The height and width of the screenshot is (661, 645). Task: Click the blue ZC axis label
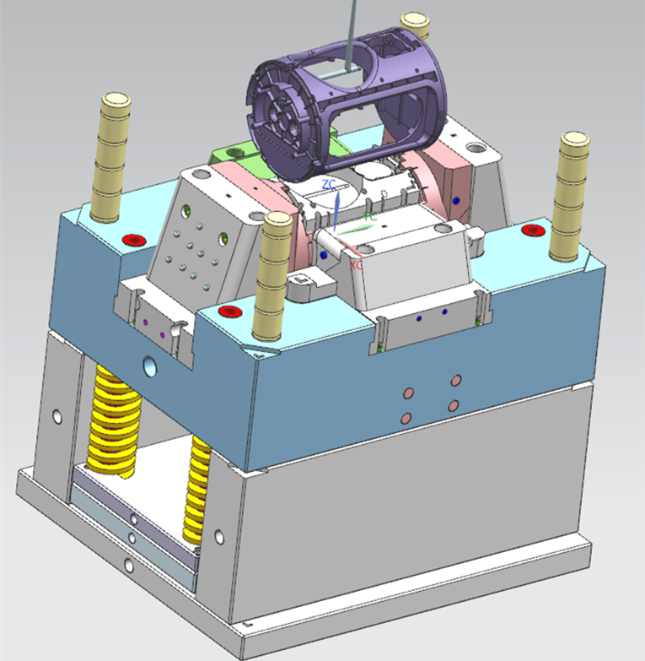(x=329, y=184)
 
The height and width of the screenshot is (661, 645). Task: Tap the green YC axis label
(x=369, y=216)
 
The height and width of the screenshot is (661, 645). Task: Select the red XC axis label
(x=357, y=265)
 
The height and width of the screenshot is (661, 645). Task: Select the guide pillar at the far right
(x=572, y=194)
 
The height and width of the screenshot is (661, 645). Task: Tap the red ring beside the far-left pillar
(x=133, y=240)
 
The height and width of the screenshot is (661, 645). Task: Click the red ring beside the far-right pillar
(x=532, y=229)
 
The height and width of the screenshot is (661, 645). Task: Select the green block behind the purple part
(x=232, y=156)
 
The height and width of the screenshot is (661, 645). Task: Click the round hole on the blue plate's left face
(x=150, y=366)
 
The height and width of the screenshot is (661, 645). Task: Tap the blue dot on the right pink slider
(x=456, y=201)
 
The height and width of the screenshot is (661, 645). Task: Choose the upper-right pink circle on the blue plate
(x=456, y=381)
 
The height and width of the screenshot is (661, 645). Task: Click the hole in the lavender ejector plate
(x=132, y=517)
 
